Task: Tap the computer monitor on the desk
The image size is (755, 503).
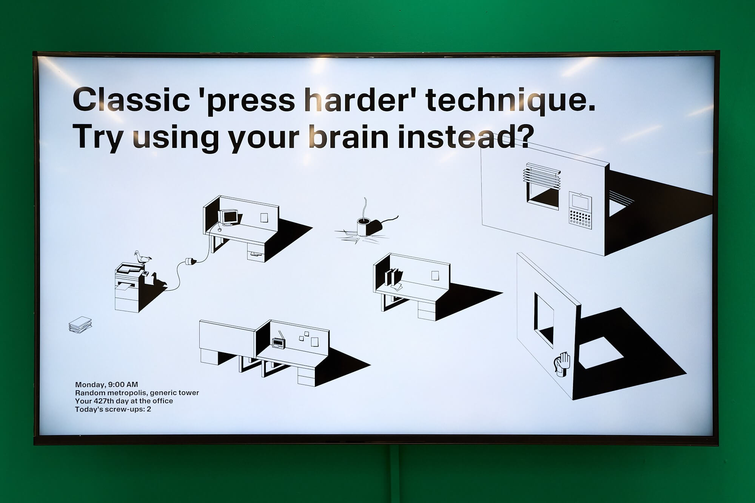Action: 230,218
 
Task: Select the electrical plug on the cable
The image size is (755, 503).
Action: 190,261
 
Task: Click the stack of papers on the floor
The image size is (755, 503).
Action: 80,325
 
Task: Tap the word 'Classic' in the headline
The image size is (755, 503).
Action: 131,100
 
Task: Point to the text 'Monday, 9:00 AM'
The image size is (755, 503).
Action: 106,385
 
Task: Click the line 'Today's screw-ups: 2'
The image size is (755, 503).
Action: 113,409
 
